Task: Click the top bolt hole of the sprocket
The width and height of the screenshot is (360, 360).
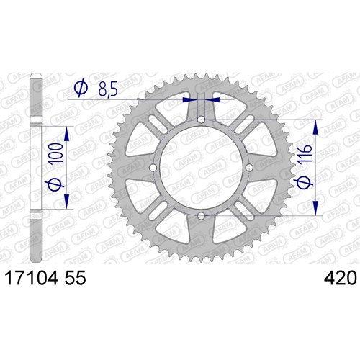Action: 201,120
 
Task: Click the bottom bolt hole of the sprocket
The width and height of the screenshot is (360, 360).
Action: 201,216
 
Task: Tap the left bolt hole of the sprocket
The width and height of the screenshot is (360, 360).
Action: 153,168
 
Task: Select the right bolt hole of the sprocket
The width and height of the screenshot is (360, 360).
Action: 249,168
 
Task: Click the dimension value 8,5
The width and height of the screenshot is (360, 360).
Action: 108,89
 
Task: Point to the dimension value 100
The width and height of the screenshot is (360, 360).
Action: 55,154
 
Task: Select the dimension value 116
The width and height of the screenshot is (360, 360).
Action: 305,154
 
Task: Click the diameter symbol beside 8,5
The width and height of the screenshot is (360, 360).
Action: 81,86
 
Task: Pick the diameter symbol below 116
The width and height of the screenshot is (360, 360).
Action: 305,182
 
